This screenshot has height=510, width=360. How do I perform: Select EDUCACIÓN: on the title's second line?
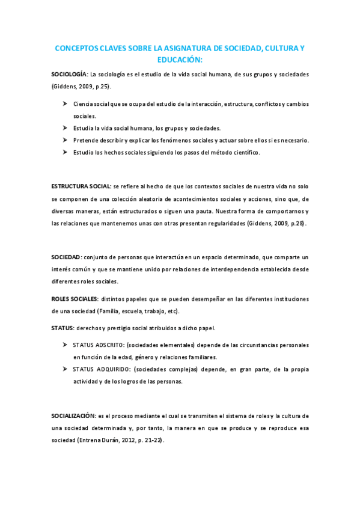point(180,60)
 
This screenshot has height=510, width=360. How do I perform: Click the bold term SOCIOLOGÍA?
point(69,75)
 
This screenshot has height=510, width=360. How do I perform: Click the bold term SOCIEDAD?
point(66,257)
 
